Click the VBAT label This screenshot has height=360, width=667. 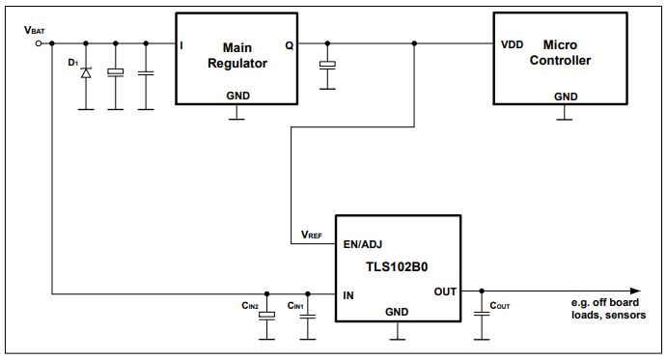(35, 31)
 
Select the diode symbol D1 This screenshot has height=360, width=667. (86, 72)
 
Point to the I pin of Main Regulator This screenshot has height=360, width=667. (181, 45)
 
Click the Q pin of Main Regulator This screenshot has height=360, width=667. (289, 45)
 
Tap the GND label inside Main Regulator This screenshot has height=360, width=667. (237, 96)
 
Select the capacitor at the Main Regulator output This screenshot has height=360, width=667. (327, 65)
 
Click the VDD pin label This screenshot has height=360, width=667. (513, 44)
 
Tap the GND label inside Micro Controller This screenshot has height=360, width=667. (566, 97)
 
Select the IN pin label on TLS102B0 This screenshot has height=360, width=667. (348, 294)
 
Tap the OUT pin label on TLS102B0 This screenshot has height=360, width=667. (445, 291)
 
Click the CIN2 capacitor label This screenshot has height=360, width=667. (250, 306)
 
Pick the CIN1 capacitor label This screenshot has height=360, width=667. (295, 306)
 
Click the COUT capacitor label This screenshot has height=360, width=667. (499, 306)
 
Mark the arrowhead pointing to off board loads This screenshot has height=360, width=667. (633, 291)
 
